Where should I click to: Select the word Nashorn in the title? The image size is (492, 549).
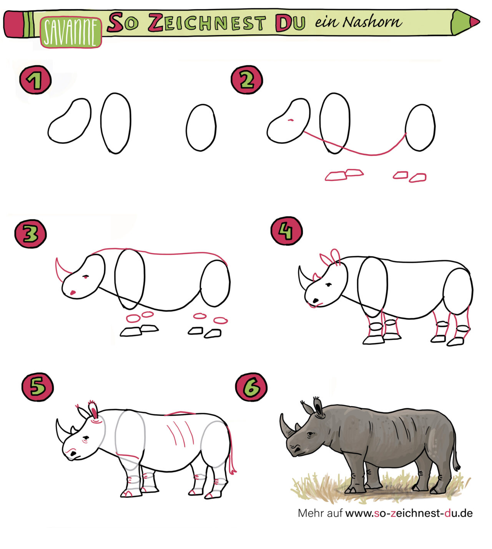[372, 22]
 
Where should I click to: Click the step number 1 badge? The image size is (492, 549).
[35, 80]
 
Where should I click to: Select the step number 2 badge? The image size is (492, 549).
[247, 80]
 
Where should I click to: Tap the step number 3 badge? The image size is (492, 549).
[30, 234]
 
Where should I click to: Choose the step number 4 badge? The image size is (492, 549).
[287, 231]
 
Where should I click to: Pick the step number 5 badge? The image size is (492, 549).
[37, 387]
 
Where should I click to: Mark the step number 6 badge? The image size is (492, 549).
[251, 387]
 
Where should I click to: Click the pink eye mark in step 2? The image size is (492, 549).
[291, 120]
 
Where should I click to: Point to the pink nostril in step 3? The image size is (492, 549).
[73, 293]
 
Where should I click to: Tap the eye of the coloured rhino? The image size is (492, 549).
[310, 435]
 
